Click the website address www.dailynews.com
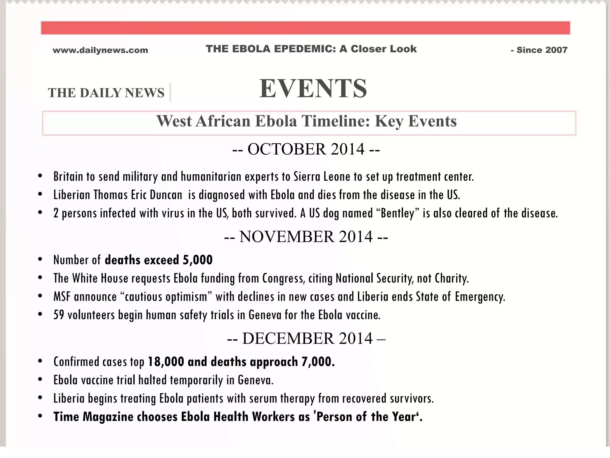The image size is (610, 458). click(x=100, y=50)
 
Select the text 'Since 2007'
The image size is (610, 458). click(x=542, y=50)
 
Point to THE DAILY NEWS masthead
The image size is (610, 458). click(x=106, y=93)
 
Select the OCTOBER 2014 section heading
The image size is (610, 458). click(x=306, y=149)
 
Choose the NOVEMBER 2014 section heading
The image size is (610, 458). click(x=306, y=236)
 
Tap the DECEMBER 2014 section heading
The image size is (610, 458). click(x=306, y=338)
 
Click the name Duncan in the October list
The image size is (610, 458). click(x=166, y=195)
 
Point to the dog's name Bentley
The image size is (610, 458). click(x=397, y=213)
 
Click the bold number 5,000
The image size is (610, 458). click(x=198, y=260)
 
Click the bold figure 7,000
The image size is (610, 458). click(x=318, y=362)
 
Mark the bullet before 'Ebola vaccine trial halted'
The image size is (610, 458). click(x=40, y=380)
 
